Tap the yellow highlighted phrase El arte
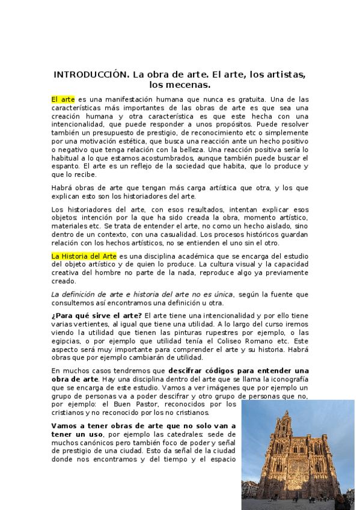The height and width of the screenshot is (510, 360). pos(63,99)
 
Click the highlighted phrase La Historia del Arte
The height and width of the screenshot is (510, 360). pos(84,256)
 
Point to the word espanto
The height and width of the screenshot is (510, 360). pos(66,166)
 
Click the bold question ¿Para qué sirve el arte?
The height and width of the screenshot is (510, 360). pos(97,316)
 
